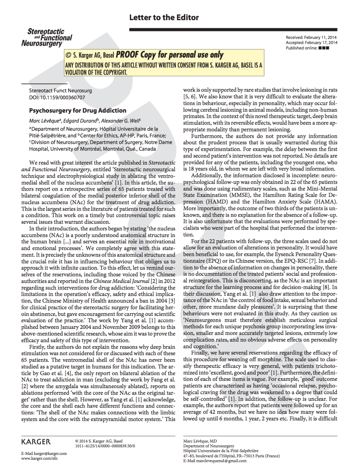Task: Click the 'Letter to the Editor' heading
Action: (164, 18)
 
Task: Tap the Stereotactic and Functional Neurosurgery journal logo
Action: (47, 37)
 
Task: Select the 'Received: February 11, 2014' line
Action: (311, 37)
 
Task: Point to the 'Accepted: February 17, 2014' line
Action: (311, 43)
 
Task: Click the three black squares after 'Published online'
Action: (324, 48)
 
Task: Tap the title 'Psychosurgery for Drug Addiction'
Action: (78, 111)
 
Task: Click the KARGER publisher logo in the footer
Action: (36, 442)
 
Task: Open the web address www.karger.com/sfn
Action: (39, 458)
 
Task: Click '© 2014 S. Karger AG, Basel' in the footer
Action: (99, 441)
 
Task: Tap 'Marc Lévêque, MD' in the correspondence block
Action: (200, 441)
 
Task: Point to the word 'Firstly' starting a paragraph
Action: (37, 347)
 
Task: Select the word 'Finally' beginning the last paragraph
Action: (200, 353)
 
